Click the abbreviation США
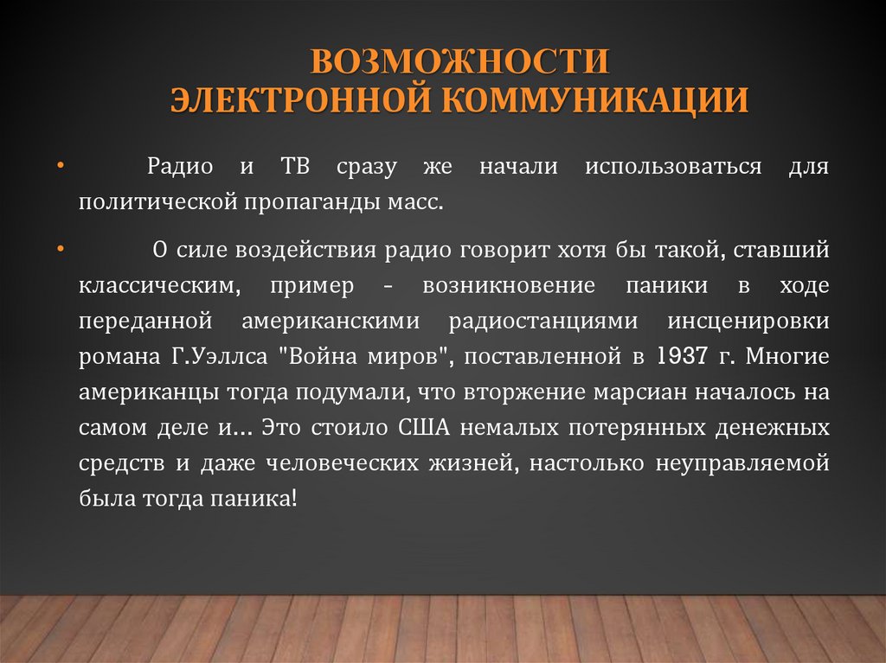(x=422, y=427)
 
